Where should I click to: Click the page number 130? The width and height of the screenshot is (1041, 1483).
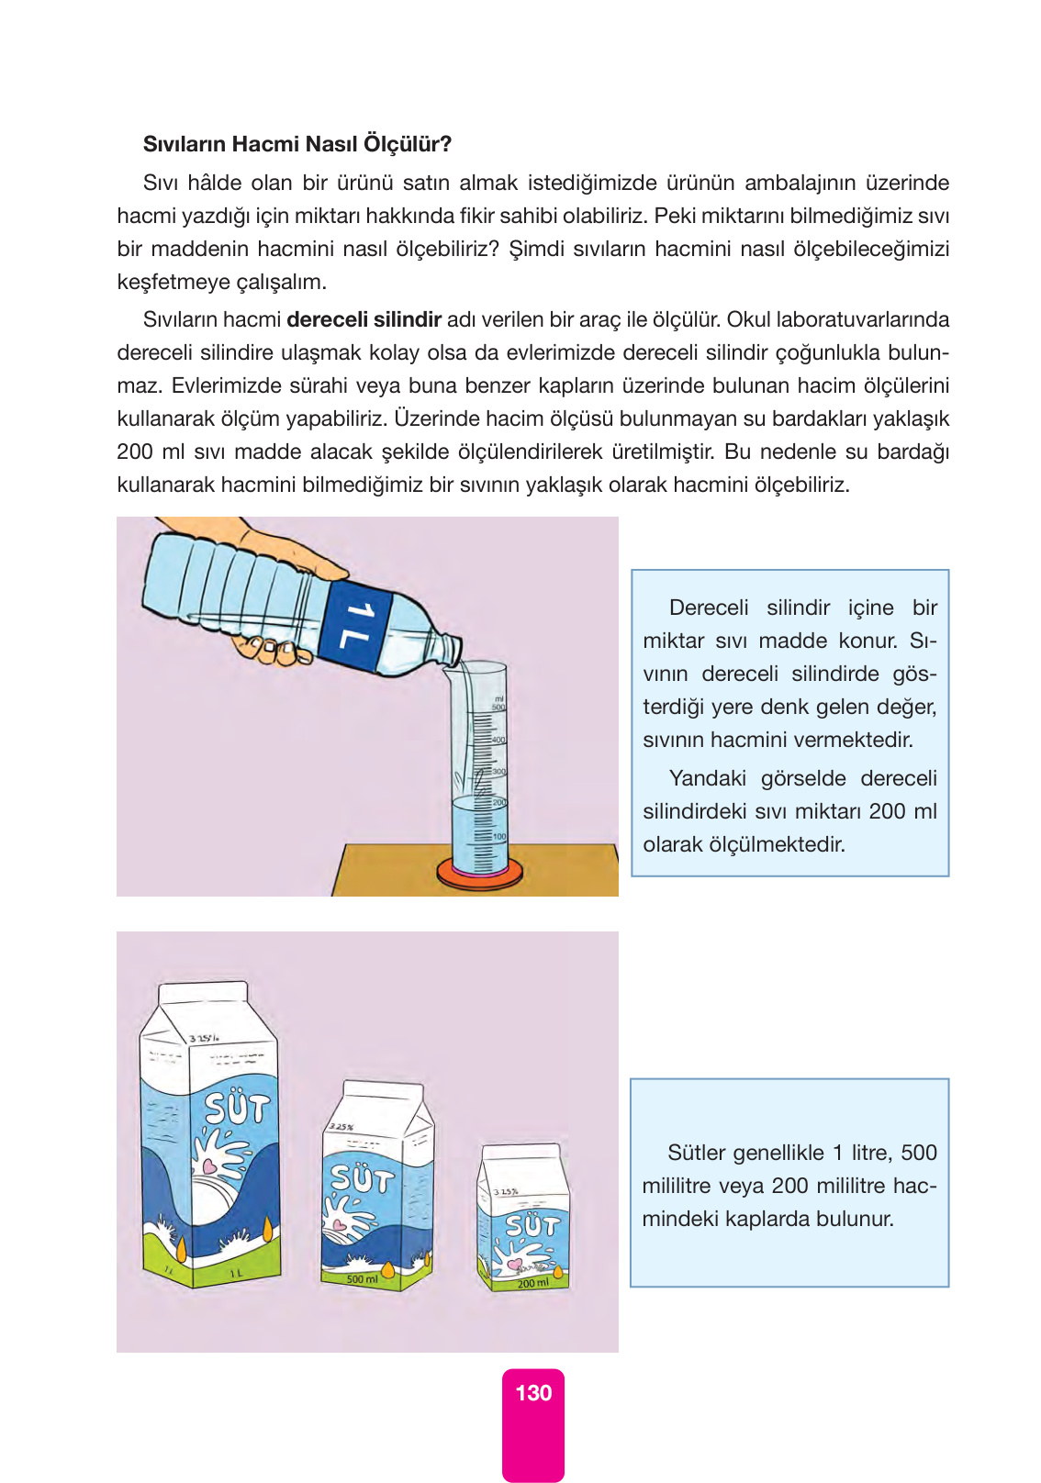[533, 1393]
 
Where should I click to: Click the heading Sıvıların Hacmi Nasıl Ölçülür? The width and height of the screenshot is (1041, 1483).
[297, 144]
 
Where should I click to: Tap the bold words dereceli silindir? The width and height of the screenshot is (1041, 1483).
[364, 319]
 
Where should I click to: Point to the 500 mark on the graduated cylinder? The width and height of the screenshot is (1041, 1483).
[498, 708]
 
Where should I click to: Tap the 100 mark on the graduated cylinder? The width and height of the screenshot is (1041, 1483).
[499, 837]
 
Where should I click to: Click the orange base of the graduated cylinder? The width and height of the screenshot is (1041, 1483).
[480, 874]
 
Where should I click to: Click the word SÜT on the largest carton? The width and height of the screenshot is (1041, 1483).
[238, 1109]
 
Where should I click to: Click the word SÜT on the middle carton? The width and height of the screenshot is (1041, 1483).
[362, 1178]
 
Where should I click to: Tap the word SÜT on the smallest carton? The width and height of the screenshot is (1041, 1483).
[532, 1225]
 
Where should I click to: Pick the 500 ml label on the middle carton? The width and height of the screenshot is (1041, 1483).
[363, 1279]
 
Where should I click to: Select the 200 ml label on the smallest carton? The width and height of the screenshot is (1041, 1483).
[533, 1283]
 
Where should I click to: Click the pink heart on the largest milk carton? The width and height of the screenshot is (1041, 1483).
[209, 1167]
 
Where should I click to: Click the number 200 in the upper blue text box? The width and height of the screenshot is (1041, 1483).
[887, 811]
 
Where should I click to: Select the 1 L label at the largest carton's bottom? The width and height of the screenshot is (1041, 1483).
[236, 1273]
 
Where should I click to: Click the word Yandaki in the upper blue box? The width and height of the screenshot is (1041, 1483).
[707, 778]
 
